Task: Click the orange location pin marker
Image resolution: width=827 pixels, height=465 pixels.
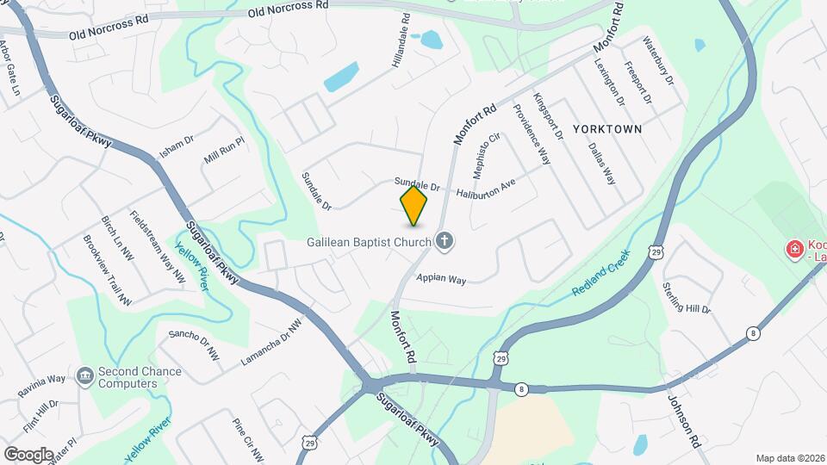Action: tap(414, 206)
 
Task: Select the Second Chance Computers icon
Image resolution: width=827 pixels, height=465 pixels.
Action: tap(84, 375)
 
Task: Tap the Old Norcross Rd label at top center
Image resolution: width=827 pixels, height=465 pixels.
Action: tap(289, 9)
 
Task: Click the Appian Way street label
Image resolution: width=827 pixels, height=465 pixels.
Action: tap(440, 279)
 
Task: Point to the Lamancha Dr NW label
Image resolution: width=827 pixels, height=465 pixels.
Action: tap(271, 341)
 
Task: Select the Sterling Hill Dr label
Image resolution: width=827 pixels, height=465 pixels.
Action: tap(687, 297)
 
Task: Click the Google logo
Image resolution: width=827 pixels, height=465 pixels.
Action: tap(28, 454)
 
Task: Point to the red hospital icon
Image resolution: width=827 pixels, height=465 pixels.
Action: tap(793, 250)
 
